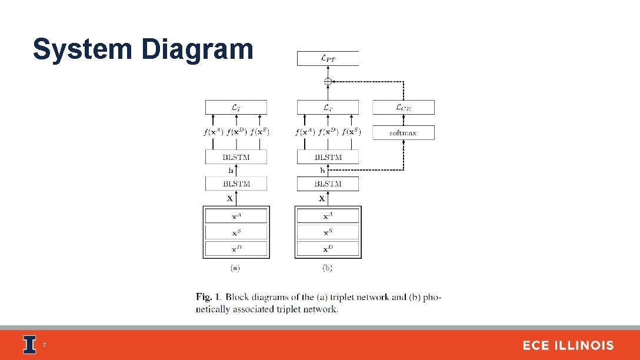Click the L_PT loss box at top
(328, 58)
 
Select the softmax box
(403, 133)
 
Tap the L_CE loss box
(403, 107)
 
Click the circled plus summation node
(328, 82)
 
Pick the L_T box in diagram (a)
(235, 107)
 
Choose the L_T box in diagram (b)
(328, 107)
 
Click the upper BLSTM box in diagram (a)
(235, 157)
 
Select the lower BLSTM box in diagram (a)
(235, 184)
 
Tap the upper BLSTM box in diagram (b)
(328, 157)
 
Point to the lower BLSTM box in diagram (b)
(328, 184)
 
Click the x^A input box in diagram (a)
(235, 216)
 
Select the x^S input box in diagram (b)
(328, 232)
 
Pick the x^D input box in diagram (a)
(235, 249)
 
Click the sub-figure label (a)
(235, 268)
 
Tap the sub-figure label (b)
(327, 268)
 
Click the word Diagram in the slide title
(197, 49)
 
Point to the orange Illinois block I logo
(29, 345)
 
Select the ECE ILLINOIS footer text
(568, 346)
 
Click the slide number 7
(44, 345)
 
